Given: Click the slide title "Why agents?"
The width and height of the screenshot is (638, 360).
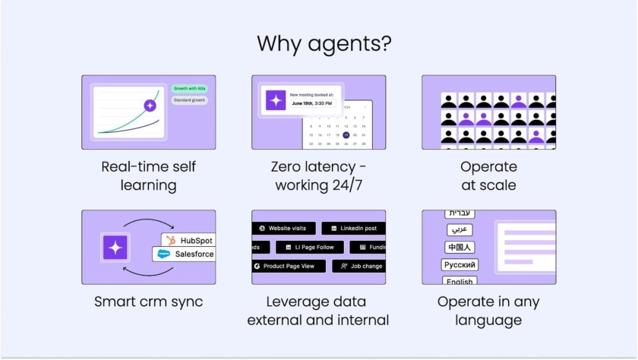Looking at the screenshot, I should point(324,43).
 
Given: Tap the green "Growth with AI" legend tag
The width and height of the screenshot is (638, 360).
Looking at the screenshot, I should point(190,88).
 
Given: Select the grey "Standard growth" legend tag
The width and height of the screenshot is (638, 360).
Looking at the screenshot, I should point(189,100).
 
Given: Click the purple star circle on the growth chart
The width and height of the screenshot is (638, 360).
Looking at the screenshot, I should point(150,106).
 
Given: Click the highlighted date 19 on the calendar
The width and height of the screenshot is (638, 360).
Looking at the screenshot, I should point(346,134).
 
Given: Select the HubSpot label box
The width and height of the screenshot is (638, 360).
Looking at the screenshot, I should point(188,241).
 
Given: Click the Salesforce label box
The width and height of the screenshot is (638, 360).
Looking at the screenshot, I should point(185,254).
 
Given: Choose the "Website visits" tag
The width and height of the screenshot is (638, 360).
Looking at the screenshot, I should point(282,228).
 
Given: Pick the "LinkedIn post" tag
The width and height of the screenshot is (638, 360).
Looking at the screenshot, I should point(353,228).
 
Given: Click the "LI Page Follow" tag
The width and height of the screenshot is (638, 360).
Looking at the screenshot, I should point(309,247).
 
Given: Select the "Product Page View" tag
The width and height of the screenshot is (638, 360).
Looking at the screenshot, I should point(289,266).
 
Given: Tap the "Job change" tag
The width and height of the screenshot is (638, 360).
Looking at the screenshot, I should point(360,266).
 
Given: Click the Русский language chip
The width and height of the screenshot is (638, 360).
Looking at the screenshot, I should point(460,265).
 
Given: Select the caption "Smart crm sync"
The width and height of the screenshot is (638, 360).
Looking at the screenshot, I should point(149,302).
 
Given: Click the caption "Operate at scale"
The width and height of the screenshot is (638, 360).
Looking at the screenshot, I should point(488,175).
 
